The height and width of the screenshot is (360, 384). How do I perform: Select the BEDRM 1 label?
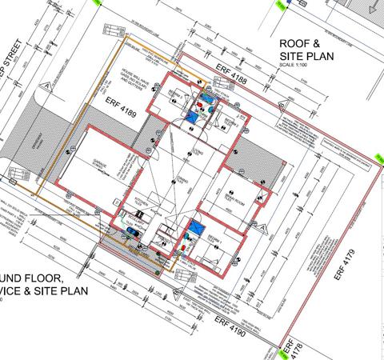click(211, 240)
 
